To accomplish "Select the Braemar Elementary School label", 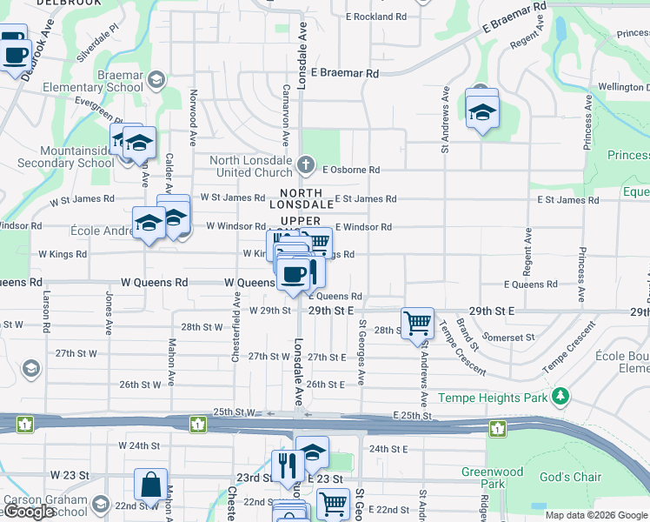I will (x=103, y=81).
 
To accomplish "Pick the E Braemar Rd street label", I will (x=344, y=74).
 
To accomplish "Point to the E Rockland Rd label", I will (x=375, y=17).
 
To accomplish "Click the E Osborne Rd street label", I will (x=351, y=171).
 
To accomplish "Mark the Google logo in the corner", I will (x=29, y=512).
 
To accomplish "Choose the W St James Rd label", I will (x=232, y=197).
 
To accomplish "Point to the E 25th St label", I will (x=412, y=417).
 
